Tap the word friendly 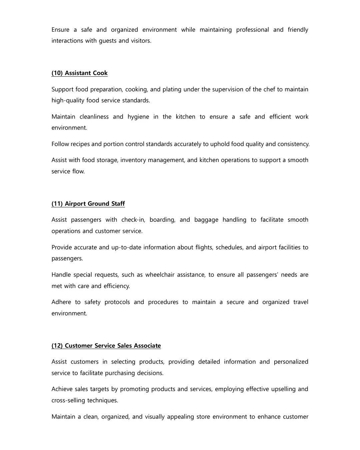(298, 30)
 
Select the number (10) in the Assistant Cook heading (57, 73)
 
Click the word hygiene (138, 117)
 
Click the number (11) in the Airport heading (57, 204)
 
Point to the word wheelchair (160, 275)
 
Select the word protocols (117, 302)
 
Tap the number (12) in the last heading (57, 346)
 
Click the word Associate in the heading (147, 346)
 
